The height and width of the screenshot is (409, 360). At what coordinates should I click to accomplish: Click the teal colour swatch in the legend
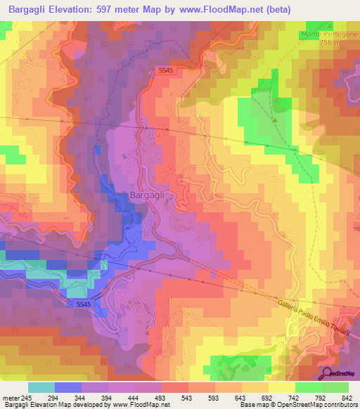point(41,387)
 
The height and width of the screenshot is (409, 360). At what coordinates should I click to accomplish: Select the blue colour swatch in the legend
point(68,387)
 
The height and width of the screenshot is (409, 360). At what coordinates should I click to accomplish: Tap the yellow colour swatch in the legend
point(281,387)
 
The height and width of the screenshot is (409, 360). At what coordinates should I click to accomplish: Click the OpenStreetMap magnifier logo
point(327,373)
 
